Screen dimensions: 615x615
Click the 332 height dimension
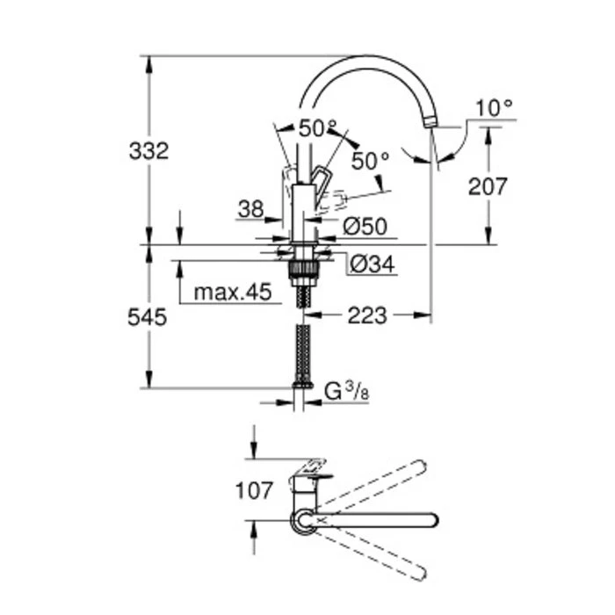[148, 150]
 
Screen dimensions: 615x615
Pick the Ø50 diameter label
[365, 227]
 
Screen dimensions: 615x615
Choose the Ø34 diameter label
[370, 263]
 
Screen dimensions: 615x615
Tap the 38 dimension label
[250, 208]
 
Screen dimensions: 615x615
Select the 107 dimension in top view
[254, 490]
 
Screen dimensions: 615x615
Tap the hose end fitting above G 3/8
[302, 383]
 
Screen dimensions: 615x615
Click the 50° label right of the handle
[370, 161]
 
